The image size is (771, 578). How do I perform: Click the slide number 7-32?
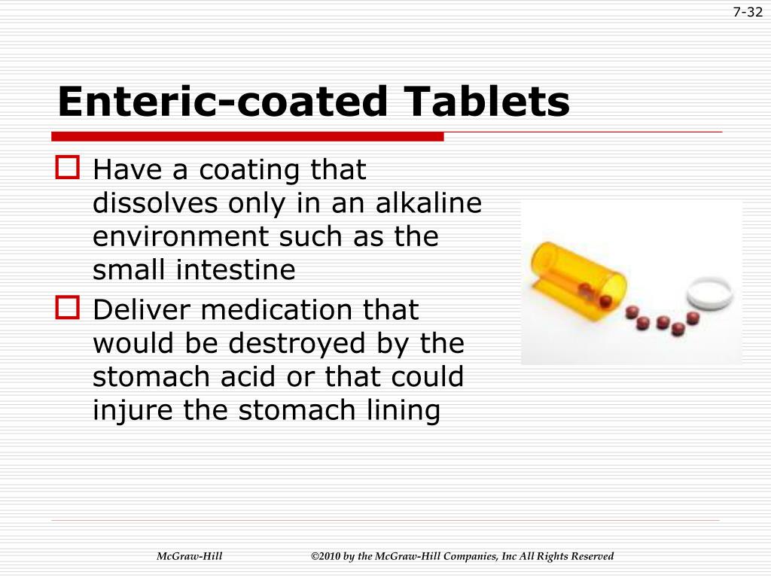click(748, 13)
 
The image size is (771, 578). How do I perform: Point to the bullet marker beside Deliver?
click(67, 306)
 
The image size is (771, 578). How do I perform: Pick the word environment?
click(181, 237)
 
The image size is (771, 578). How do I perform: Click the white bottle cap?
click(711, 292)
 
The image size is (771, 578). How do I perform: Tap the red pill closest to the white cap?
click(693, 318)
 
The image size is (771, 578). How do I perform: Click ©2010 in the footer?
click(325, 557)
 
